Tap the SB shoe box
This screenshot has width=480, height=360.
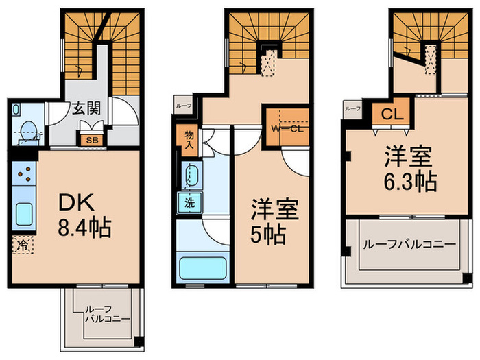(x=91, y=141)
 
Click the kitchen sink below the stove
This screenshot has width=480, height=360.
(x=23, y=215)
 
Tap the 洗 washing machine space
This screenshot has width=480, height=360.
(x=188, y=202)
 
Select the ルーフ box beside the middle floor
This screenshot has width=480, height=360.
(x=183, y=106)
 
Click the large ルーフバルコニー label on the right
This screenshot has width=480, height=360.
(x=409, y=244)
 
